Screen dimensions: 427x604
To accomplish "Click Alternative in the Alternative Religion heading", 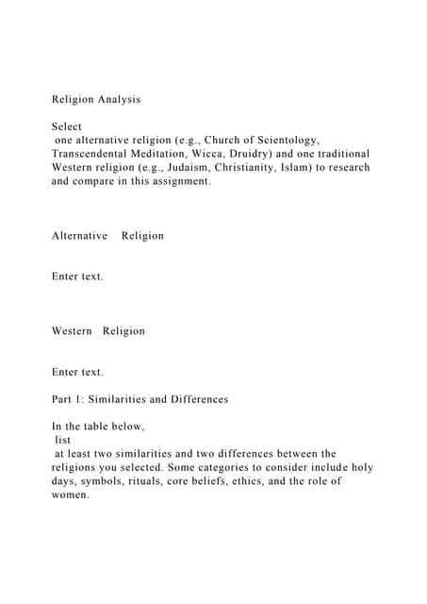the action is point(79,235).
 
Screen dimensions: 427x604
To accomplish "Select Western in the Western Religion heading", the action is point(72,331).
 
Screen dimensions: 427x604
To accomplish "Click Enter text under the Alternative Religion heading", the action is point(77,277).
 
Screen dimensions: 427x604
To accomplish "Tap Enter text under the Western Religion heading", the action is point(77,372).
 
